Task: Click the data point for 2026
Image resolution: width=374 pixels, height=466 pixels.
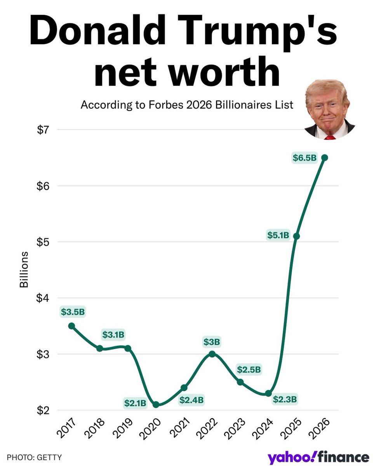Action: tap(325, 157)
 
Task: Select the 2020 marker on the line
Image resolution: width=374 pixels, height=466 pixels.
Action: tap(156, 405)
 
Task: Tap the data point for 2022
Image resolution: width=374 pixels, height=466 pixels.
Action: tap(212, 354)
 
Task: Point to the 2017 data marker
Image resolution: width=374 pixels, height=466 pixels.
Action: tap(71, 326)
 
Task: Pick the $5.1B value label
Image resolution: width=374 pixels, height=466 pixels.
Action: tap(278, 235)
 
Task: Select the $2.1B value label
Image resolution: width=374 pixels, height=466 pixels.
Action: tap(135, 403)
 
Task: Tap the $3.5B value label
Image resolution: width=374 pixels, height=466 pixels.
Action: tap(73, 311)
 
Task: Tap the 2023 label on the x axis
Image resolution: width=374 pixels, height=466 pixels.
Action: tap(238, 429)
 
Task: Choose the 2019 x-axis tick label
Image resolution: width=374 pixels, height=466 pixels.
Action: tap(125, 429)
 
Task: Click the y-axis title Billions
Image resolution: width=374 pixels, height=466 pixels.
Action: tap(24, 270)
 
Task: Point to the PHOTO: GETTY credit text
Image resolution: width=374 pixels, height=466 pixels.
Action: tap(34, 457)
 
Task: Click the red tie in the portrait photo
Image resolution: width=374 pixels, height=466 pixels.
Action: tap(330, 137)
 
